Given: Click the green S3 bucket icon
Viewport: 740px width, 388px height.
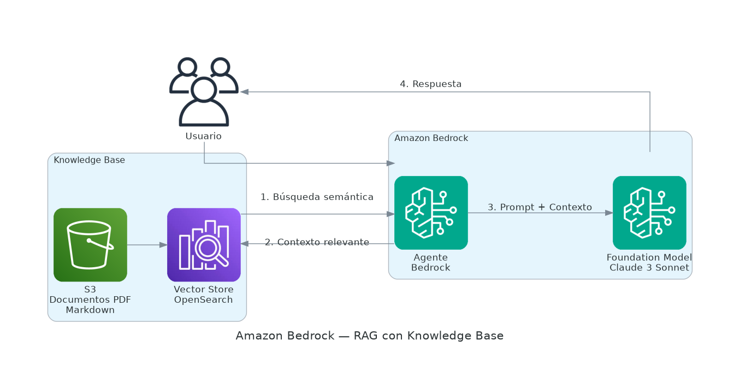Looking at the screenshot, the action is tap(90, 245).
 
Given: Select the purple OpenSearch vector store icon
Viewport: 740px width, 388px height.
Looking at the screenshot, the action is tap(204, 245).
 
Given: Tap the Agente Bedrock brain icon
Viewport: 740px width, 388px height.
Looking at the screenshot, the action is tap(431, 213).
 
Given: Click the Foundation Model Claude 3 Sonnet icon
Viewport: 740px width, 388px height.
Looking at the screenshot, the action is tap(649, 213).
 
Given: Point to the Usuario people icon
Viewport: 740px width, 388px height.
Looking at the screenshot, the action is tap(204, 92).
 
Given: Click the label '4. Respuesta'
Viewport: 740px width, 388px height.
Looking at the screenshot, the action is tap(431, 84).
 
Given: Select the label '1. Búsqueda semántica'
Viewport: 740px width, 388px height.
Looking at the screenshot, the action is tap(317, 197).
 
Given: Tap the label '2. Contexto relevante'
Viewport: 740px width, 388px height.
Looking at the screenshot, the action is tap(317, 242).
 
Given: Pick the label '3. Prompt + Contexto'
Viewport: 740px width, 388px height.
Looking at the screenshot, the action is tap(540, 207).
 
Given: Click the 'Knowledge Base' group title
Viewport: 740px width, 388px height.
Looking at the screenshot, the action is tap(89, 160).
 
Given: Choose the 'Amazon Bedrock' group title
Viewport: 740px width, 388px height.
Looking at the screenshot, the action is tap(431, 138).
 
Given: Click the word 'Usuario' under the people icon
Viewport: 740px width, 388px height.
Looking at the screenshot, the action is tap(204, 136).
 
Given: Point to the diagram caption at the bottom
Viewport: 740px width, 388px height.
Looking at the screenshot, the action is tap(370, 336).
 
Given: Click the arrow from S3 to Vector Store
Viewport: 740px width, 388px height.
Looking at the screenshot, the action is tap(147, 245).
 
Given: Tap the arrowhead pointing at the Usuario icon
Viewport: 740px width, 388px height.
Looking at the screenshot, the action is tap(245, 92).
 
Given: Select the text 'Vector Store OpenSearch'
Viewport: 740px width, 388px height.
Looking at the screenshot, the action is tap(204, 295).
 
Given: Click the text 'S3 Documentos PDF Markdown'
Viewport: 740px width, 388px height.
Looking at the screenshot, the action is tap(90, 300).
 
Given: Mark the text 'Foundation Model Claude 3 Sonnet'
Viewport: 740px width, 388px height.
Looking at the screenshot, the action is tap(649, 262).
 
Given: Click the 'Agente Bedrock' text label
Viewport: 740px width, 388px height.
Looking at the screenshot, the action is tap(431, 262).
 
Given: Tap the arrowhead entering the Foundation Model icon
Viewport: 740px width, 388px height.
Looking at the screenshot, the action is tap(609, 213).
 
